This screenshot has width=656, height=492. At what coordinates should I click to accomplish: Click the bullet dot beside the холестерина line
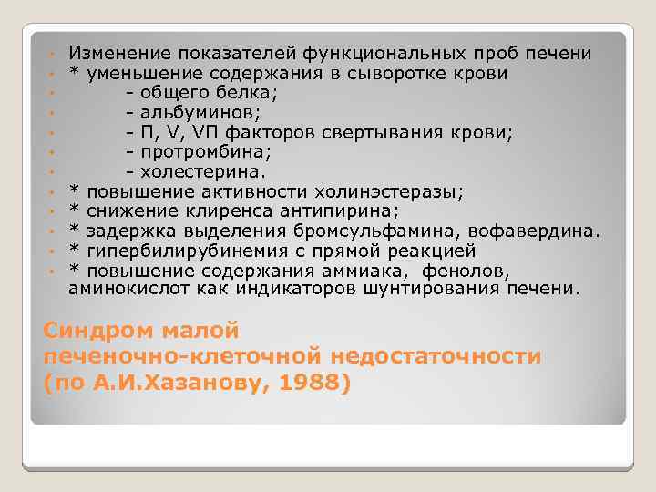click(x=56, y=172)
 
